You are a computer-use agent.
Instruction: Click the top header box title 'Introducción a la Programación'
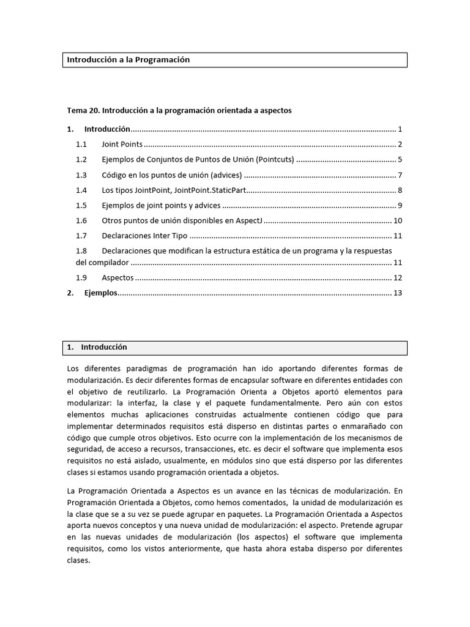click(129, 60)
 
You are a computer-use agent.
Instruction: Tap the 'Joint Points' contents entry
click(122, 145)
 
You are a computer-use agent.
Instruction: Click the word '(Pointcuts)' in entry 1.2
click(275, 160)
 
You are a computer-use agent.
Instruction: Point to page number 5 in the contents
click(399, 160)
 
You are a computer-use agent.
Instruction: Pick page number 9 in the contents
click(399, 206)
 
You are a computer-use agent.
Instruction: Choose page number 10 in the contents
click(397, 221)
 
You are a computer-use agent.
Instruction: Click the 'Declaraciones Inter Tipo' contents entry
click(144, 236)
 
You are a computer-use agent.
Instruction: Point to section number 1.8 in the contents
click(82, 251)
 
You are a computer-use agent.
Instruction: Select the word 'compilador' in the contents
click(109, 263)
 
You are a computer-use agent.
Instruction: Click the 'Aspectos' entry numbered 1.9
click(117, 278)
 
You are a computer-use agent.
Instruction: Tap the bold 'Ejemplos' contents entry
click(100, 293)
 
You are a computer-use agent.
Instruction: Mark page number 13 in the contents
click(397, 293)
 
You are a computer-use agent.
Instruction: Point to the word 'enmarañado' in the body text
click(365, 426)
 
